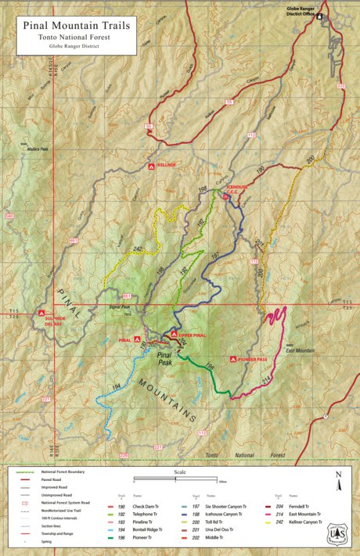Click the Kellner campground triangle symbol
click(x=152, y=166)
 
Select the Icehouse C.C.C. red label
click(x=237, y=189)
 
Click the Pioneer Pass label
click(x=254, y=359)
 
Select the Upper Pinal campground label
click(x=191, y=335)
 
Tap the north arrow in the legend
click(x=338, y=479)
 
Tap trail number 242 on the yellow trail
click(x=139, y=249)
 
